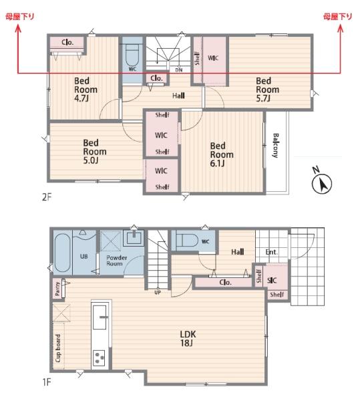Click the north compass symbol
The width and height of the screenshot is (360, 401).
(x=322, y=181)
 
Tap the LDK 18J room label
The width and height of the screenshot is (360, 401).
(x=188, y=338)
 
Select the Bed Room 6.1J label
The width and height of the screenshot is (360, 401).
(x=222, y=154)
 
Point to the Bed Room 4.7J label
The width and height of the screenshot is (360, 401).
(x=85, y=90)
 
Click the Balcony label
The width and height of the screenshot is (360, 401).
(x=275, y=145)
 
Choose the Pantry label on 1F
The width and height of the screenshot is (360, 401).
(x=57, y=289)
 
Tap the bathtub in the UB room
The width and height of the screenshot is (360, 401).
(x=62, y=253)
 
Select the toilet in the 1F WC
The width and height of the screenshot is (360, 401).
(x=187, y=241)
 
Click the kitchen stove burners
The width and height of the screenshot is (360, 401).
(x=99, y=358)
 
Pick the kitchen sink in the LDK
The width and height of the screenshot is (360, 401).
(x=100, y=317)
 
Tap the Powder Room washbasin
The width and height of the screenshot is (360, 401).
(x=134, y=237)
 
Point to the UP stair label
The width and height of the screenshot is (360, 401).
(x=158, y=292)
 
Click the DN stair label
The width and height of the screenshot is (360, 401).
(x=179, y=70)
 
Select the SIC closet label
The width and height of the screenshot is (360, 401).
(x=272, y=281)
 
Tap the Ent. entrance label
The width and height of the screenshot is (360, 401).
(x=271, y=252)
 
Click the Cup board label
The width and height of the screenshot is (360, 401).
(x=58, y=348)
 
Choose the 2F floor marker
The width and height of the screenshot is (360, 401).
(x=47, y=197)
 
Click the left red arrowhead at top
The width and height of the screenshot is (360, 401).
(x=17, y=28)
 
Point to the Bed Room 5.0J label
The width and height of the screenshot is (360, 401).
(x=95, y=152)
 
